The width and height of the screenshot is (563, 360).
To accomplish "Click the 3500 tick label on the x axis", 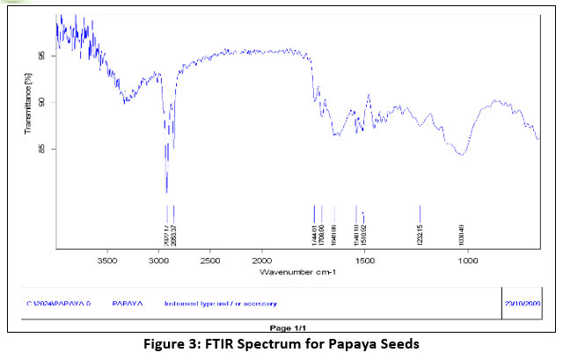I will (x=107, y=261).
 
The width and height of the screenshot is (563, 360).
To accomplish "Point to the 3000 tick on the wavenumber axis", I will (x=159, y=261).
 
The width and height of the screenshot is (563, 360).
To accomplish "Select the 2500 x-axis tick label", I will (x=210, y=261).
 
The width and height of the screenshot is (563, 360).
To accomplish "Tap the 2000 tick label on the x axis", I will (x=261, y=261).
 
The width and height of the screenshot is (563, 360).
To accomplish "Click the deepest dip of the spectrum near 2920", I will (x=167, y=191).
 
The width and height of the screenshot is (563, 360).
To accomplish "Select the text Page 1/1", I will (x=281, y=327).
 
